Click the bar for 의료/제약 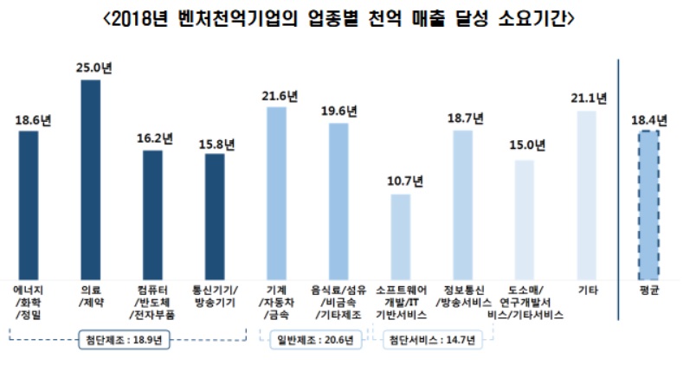tap(90, 177)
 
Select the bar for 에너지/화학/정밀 tap(29, 203)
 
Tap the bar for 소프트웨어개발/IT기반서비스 tap(399, 234)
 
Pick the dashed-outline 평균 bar tap(648, 203)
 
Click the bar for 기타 tap(586, 192)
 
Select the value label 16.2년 tap(153, 138)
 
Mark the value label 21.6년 tap(277, 93)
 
